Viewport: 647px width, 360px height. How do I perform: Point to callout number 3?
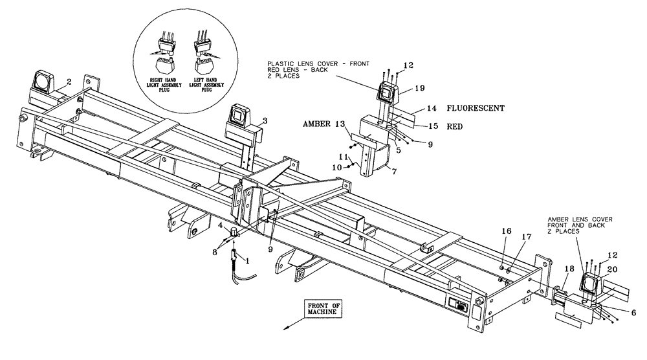(264, 121)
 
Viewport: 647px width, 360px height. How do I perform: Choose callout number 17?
(523, 237)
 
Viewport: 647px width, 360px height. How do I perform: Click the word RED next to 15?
(455, 128)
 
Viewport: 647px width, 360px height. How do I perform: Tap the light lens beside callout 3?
(237, 117)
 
